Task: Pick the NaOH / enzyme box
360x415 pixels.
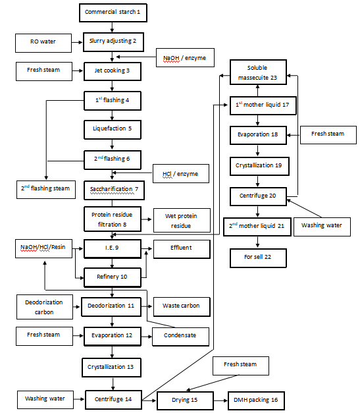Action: [185, 58]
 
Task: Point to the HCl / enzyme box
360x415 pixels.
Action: [181, 174]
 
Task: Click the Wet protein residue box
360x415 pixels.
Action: [181, 220]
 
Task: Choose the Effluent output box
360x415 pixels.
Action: [181, 249]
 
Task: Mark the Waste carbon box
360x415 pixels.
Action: [181, 306]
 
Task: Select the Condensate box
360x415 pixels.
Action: [181, 336]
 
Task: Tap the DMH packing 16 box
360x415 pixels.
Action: [256, 399]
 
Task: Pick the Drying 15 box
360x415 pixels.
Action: [185, 399]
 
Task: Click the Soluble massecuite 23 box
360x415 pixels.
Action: [257, 73]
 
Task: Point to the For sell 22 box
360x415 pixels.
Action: [257, 257]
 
